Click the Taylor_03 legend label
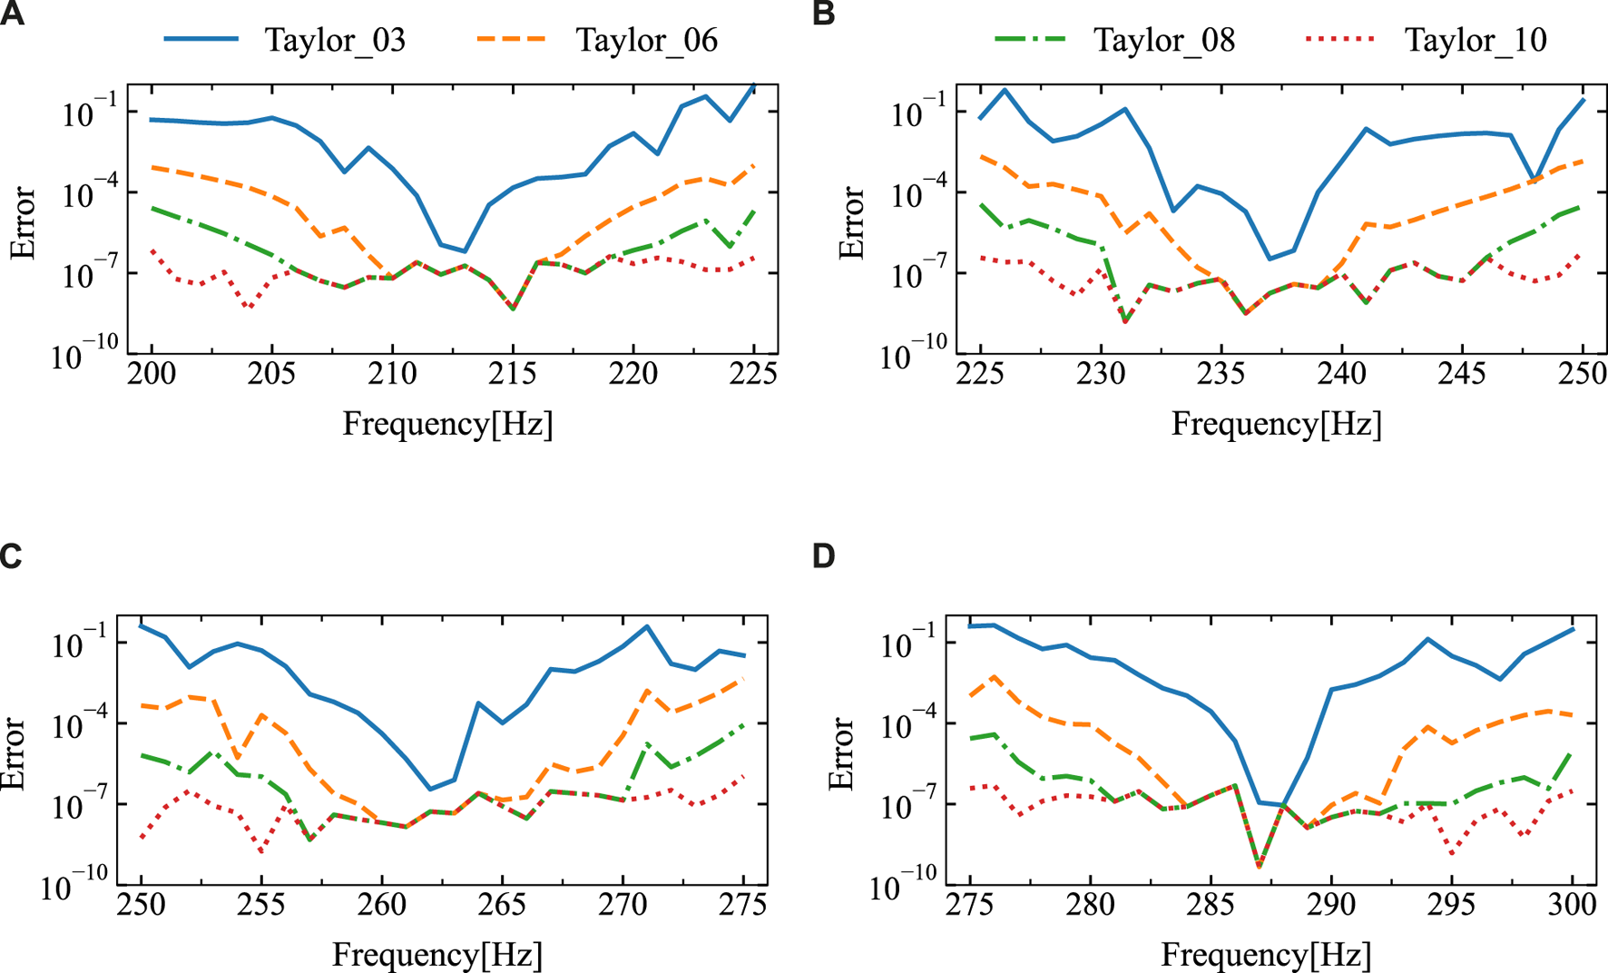coord(335,40)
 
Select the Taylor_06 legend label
coord(646,40)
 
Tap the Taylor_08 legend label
coord(1163,40)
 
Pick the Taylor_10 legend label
coord(1476,40)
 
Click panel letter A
coord(13,15)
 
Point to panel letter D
coord(824,555)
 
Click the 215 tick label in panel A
coord(513,374)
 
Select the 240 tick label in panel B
coord(1342,374)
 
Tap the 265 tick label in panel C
coord(502,905)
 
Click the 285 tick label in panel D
coord(1211,905)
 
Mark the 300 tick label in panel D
coord(1572,905)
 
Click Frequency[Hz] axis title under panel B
coord(1276,424)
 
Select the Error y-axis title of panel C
coord(13,753)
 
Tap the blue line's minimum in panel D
coord(1282,805)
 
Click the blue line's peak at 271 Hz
coord(647,626)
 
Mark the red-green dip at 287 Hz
coord(1259,867)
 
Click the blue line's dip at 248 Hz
coord(1534,179)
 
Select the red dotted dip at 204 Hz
coord(248,308)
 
